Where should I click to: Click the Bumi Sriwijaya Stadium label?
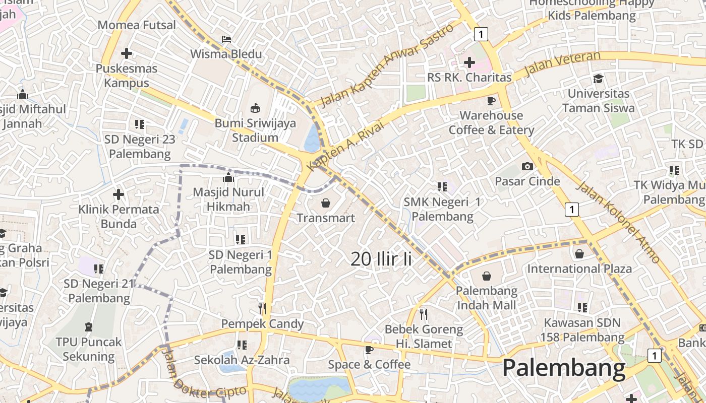click(x=255, y=130)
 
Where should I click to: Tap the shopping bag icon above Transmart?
click(x=326, y=203)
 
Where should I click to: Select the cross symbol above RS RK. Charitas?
click(x=469, y=62)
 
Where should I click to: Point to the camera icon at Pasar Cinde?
click(x=527, y=166)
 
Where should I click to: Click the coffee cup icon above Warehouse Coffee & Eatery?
click(x=491, y=101)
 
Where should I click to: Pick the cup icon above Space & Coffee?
click(x=369, y=350)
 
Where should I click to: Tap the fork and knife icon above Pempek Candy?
click(x=262, y=308)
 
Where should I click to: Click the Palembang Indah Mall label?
click(x=486, y=298)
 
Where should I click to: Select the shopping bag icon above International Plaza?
click(x=579, y=254)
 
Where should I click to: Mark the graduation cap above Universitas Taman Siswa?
click(x=599, y=79)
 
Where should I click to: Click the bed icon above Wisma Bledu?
click(x=226, y=39)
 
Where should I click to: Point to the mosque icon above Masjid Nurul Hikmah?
click(x=228, y=177)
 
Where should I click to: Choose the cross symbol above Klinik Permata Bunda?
click(x=119, y=194)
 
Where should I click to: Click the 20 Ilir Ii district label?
click(x=381, y=259)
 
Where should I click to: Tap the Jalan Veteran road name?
click(x=562, y=63)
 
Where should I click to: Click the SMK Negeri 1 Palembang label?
click(x=442, y=209)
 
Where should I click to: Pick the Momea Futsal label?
click(x=137, y=25)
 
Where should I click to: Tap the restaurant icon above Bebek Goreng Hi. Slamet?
click(x=424, y=314)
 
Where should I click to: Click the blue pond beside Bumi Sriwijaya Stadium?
click(x=312, y=139)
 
